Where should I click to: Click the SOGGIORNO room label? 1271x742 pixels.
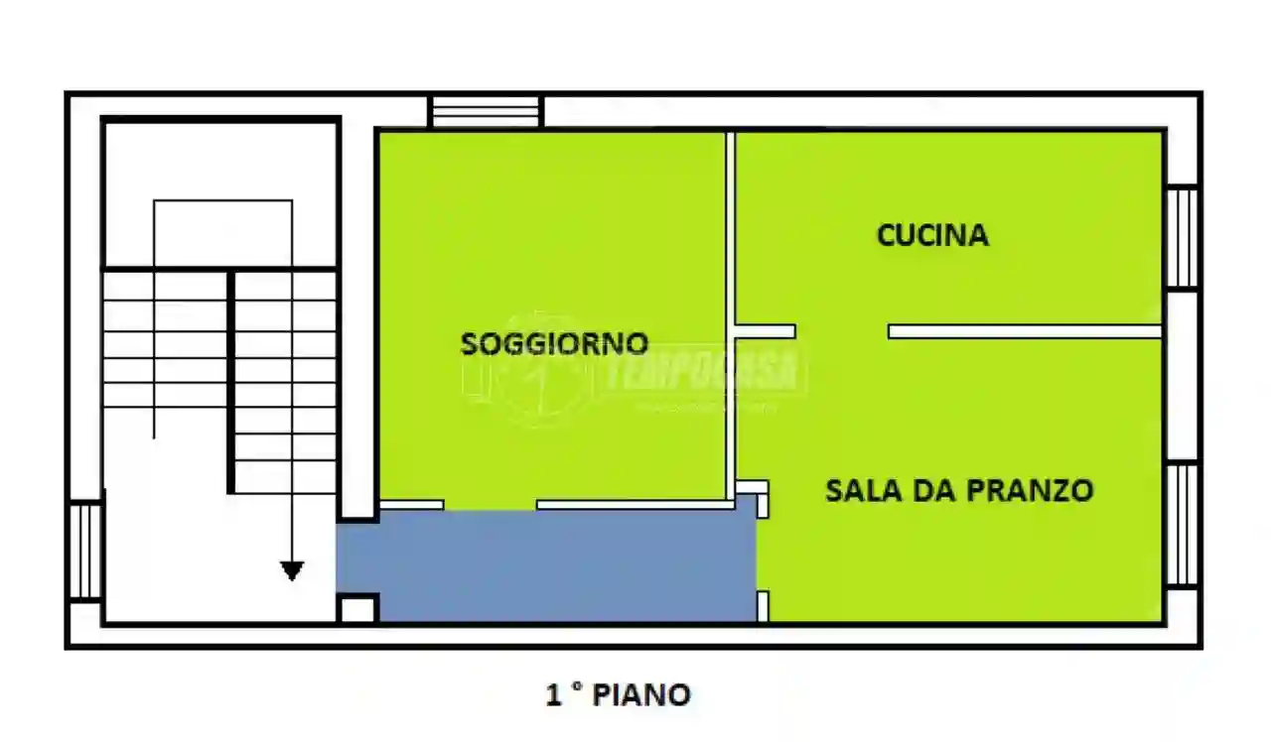(554, 344)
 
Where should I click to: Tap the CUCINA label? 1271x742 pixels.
(932, 235)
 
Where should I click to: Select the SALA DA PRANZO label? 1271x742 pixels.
(959, 490)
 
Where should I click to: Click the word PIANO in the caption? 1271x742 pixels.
(641, 695)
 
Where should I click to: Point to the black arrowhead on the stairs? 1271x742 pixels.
(291, 570)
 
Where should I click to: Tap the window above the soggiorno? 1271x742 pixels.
(487, 111)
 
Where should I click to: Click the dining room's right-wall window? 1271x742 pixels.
(1182, 524)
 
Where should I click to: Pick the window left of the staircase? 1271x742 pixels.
(85, 551)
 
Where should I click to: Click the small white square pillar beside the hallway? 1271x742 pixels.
(357, 608)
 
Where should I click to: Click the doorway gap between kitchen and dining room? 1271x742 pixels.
(842, 331)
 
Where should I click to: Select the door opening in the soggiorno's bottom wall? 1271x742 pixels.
(490, 505)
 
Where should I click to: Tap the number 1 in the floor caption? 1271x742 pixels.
(554, 695)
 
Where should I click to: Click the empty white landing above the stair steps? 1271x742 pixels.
(221, 193)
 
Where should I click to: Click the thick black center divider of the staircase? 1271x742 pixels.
(231, 382)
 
